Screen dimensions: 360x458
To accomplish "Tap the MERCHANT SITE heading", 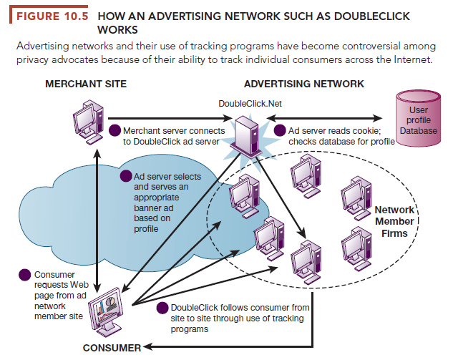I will [86, 84].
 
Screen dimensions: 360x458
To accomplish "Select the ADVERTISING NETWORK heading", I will [304, 84].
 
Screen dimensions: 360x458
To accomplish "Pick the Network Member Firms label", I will [394, 222].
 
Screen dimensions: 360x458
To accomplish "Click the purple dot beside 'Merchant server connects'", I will [115, 131].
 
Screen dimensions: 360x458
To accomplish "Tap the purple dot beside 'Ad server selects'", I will [126, 176].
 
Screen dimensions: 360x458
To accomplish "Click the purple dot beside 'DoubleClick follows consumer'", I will [162, 308].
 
